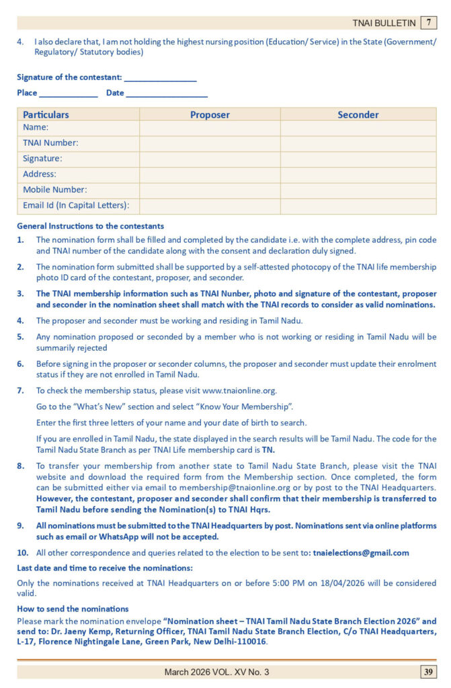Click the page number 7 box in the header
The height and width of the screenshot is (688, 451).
(428, 23)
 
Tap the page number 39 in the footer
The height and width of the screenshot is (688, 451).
(428, 672)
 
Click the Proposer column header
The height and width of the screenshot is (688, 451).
(210, 115)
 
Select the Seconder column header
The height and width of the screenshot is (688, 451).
(358, 115)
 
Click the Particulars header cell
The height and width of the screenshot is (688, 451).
(46, 115)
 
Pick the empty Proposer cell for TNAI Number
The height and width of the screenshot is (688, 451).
(210, 142)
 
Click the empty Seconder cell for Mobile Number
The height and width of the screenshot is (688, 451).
(358, 189)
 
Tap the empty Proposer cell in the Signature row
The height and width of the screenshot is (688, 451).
(210, 159)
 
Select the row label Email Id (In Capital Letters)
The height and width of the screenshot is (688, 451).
(76, 206)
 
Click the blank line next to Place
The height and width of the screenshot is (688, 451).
(68, 93)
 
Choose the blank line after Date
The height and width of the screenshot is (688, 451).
(167, 93)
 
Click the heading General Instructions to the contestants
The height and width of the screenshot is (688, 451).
(90, 226)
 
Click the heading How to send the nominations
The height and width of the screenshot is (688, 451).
(73, 609)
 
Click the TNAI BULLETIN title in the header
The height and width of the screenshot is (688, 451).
(384, 23)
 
